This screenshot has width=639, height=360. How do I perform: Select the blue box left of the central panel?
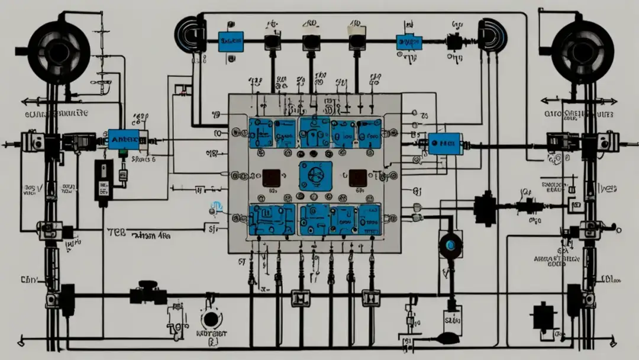point(124,139)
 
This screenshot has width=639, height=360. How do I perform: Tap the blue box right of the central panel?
point(445,143)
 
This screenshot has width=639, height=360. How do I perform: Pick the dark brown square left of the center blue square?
point(272,177)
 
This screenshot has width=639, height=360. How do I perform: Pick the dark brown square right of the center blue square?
point(357,177)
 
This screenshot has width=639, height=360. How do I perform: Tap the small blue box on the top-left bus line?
point(230,40)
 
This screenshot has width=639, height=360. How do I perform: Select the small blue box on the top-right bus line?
point(409,42)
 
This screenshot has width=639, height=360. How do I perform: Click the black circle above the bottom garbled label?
point(210,320)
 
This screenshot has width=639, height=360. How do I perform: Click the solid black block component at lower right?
point(544,315)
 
